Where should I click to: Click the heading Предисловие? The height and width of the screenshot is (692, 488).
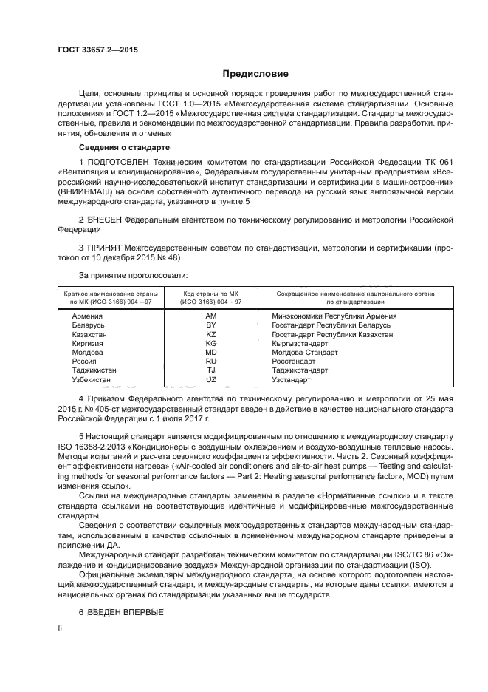pyautogui.click(x=255, y=74)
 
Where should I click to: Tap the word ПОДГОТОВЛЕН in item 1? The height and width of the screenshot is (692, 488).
pyautogui.click(x=122, y=162)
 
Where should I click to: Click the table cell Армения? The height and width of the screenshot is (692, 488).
pyautogui.click(x=88, y=316)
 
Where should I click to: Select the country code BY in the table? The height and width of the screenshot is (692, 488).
pyautogui.click(x=210, y=325)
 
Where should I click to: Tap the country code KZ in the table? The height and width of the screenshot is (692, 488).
pyautogui.click(x=210, y=334)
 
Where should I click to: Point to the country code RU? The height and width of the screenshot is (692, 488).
pyautogui.click(x=210, y=362)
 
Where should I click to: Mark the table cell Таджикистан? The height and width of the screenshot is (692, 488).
pyautogui.click(x=95, y=370)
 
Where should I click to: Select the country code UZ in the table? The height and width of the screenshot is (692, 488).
pyautogui.click(x=210, y=379)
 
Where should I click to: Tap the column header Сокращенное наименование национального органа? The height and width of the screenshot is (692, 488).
pyautogui.click(x=355, y=294)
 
